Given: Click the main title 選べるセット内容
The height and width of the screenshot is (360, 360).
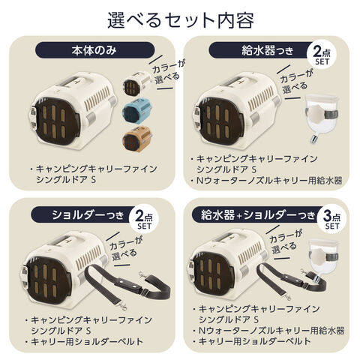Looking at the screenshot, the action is (181, 20).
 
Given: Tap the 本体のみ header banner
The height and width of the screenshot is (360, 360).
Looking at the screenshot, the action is (94, 50).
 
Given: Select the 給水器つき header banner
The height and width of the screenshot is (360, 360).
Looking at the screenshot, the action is (260, 50).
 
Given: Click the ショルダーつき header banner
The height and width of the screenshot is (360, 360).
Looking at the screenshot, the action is (84, 214).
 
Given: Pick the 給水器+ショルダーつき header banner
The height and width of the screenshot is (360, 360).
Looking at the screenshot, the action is (257, 214).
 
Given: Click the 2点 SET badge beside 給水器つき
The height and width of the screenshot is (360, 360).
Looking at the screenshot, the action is (322, 55).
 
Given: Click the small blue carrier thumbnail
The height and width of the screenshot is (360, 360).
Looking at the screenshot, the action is (136, 109).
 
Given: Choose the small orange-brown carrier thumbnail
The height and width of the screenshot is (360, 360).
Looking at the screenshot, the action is (137, 138).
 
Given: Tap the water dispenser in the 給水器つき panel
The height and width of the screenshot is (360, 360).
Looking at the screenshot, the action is (321, 118).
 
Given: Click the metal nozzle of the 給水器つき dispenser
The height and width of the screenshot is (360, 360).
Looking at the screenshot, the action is (313, 139).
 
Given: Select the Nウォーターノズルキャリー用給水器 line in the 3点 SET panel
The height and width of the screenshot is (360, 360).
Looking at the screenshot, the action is (271, 331).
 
